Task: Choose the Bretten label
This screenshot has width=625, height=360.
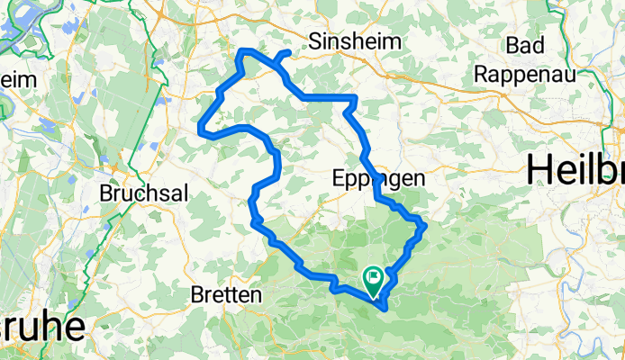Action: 226,294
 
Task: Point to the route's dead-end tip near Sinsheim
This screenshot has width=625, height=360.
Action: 287,53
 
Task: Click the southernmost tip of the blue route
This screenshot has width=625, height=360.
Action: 385,308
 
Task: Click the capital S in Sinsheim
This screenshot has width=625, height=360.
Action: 315,40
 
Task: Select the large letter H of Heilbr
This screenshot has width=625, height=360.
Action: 540,169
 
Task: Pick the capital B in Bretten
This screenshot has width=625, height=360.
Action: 198,294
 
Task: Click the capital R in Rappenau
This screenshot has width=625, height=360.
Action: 483,75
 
